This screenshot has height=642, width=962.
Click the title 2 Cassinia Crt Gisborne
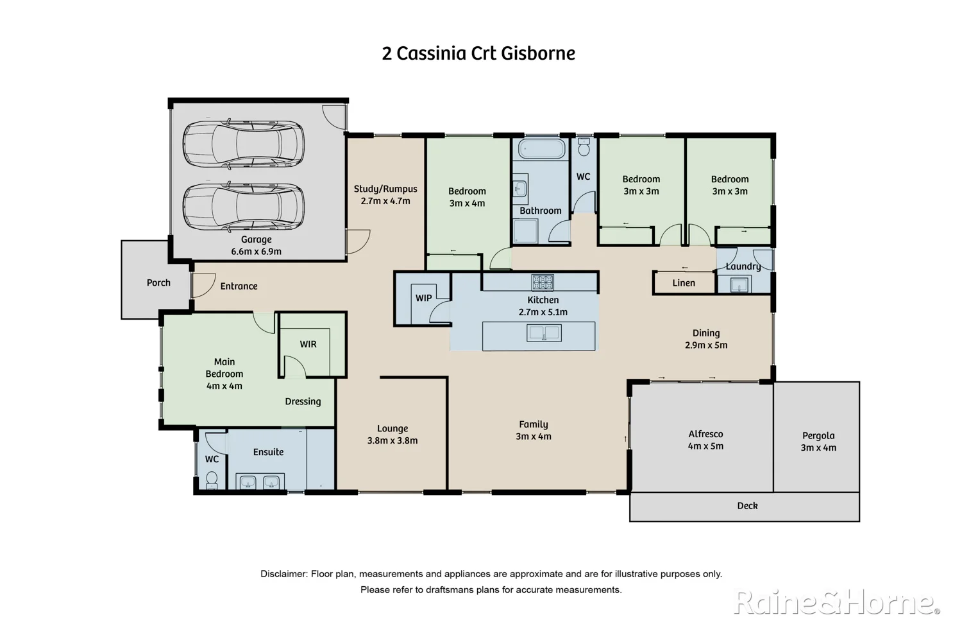pyautogui.click(x=478, y=53)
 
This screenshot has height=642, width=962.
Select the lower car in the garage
pyautogui.click(x=243, y=207)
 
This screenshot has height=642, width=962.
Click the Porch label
pyautogui.click(x=158, y=282)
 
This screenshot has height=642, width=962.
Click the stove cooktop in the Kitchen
pyautogui.click(x=542, y=282)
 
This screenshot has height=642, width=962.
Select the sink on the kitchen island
pyautogui.click(x=544, y=333)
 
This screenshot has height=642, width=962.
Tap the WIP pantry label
pyautogui.click(x=423, y=298)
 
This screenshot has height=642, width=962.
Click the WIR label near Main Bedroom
pyautogui.click(x=308, y=344)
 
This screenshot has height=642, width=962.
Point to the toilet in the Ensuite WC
pyautogui.click(x=212, y=479)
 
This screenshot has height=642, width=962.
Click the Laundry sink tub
pyautogui.click(x=739, y=284)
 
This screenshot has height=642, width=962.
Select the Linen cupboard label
pyautogui.click(x=684, y=283)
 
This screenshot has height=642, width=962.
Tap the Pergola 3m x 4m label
pyautogui.click(x=818, y=442)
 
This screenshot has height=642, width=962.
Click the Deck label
pyautogui.click(x=747, y=506)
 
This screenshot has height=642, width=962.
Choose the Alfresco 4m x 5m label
pyautogui.click(x=705, y=440)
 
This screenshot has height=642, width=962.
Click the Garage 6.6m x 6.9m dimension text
pyautogui.click(x=256, y=252)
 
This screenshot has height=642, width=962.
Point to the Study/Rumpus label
pyautogui.click(x=385, y=189)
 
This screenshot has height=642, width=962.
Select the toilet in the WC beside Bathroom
pyautogui.click(x=584, y=148)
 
